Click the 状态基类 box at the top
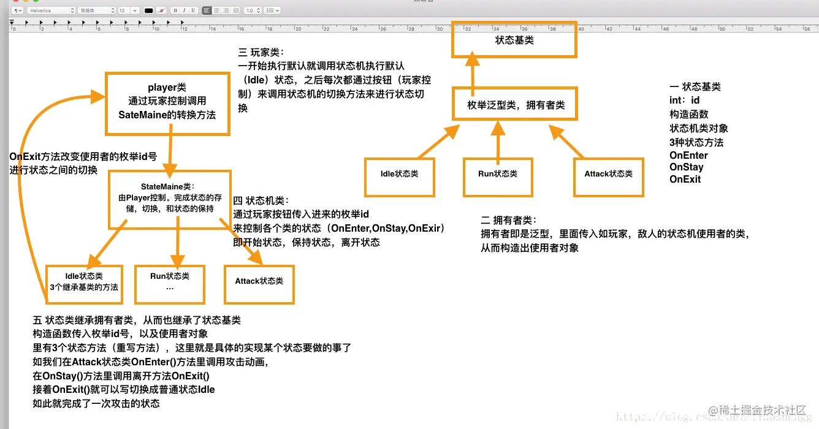pos(514,40)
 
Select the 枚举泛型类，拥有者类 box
pos(516,105)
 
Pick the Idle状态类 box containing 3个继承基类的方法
pos(85,283)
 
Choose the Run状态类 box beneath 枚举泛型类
pos(497,178)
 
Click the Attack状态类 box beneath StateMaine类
pos(259,284)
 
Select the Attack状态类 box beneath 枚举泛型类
pos(609,178)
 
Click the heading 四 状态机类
pos(261,201)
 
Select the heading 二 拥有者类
pos(508,220)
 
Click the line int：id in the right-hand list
pos(685,100)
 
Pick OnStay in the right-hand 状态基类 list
pos(686,167)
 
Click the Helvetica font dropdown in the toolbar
pos(51,10)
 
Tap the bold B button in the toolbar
pos(175,10)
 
